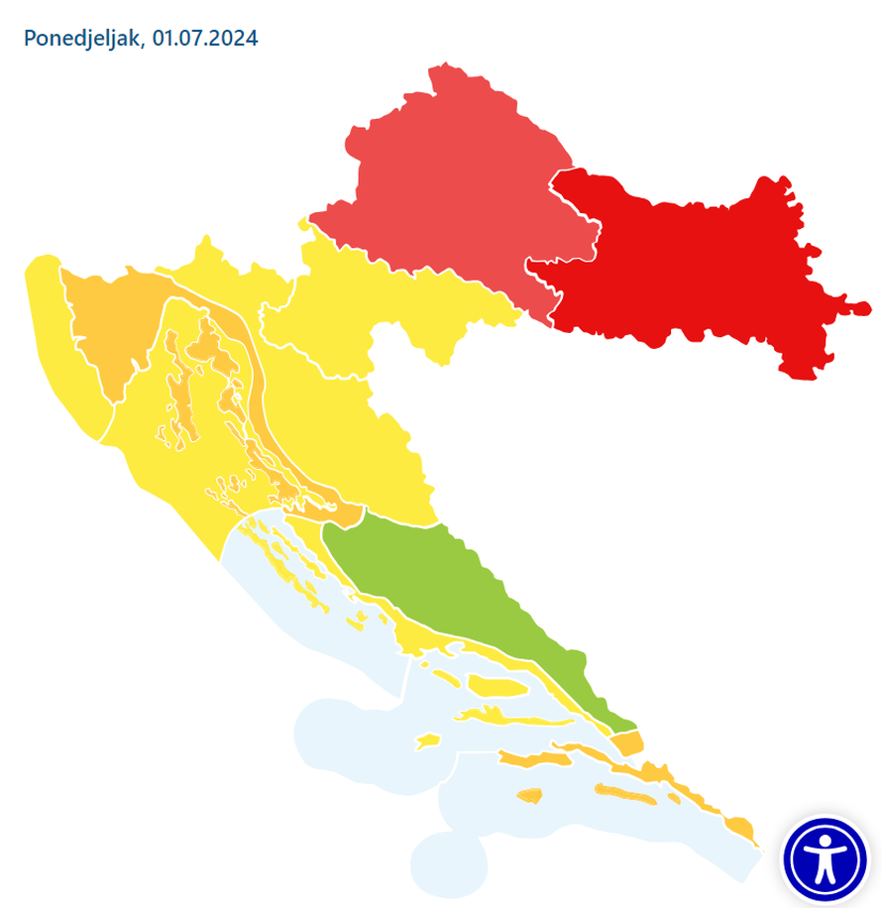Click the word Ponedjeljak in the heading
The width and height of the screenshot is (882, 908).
click(82, 40)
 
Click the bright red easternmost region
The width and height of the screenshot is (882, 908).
click(694, 268)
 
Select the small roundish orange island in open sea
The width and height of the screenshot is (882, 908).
click(530, 795)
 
